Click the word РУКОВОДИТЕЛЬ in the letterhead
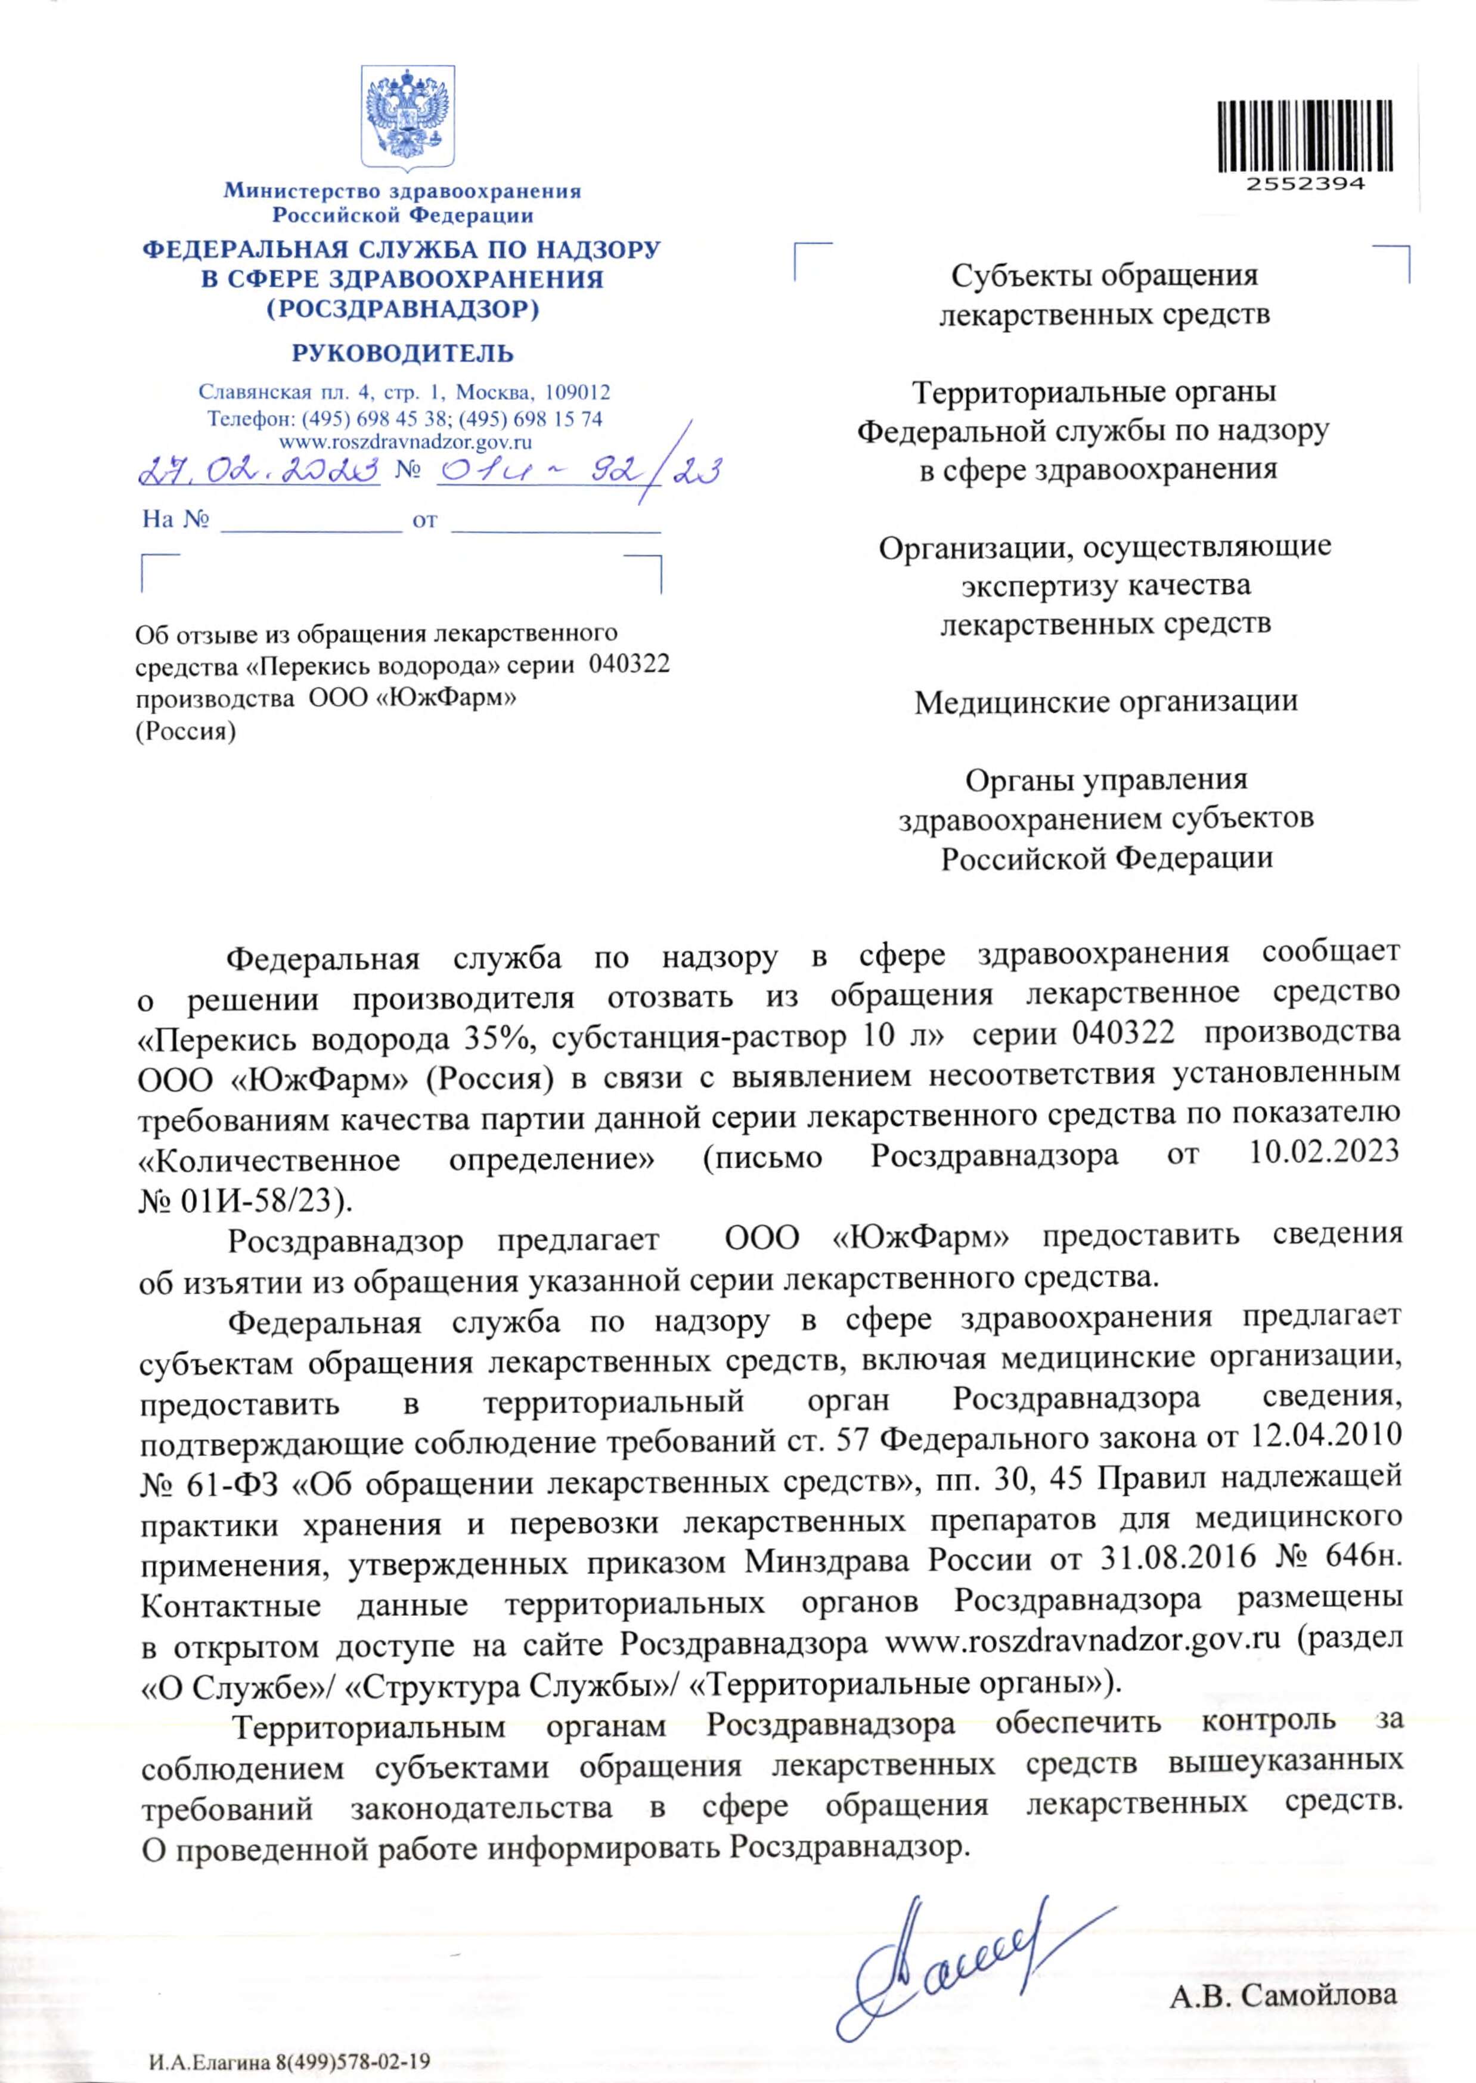tap(402, 353)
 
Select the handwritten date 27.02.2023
tap(259, 471)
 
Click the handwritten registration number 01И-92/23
tap(577, 471)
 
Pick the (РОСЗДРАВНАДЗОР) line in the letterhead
tap(402, 310)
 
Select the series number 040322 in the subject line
tap(629, 664)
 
